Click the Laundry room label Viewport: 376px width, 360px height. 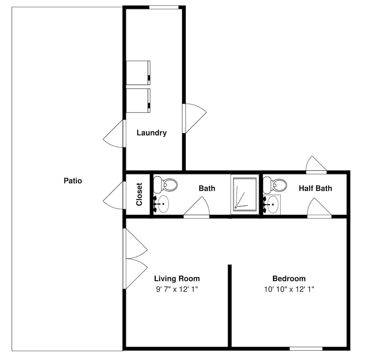(x=152, y=133)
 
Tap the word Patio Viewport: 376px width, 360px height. (x=73, y=181)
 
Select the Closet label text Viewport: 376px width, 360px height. (x=139, y=194)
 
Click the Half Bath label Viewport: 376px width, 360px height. (x=315, y=188)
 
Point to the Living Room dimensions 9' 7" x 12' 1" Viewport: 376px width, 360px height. (x=177, y=289)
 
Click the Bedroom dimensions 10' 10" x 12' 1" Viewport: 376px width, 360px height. (x=289, y=289)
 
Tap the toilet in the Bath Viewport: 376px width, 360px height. (x=165, y=185)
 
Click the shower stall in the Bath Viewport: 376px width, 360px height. (x=245, y=194)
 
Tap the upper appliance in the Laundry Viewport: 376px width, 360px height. (x=138, y=73)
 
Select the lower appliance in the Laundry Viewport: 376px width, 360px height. (x=138, y=100)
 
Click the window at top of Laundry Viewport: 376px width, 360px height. (x=164, y=8)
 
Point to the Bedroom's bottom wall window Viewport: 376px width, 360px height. (x=306, y=348)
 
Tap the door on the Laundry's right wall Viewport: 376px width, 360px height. (x=194, y=118)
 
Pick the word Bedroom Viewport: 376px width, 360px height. (x=289, y=278)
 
